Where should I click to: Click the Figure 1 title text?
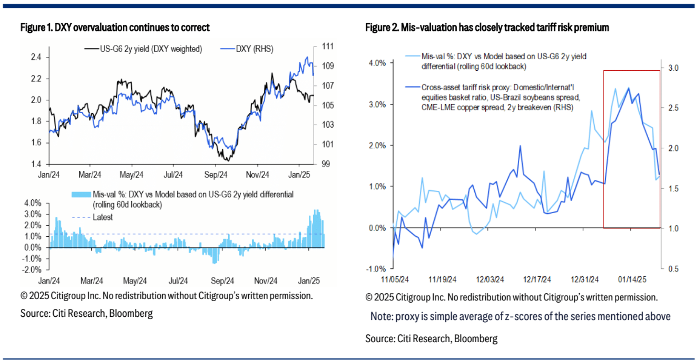pyautogui.click(x=115, y=28)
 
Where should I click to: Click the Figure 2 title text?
pyautogui.click(x=487, y=28)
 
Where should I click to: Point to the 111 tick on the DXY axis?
pyautogui.click(x=328, y=46)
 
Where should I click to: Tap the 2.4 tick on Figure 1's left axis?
pyautogui.click(x=36, y=57)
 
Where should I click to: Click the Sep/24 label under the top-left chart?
pyautogui.click(x=216, y=175)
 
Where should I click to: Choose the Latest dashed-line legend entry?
pyautogui.click(x=102, y=217)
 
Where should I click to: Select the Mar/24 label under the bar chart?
pyautogui.click(x=92, y=281)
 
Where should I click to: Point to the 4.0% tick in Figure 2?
pyautogui.click(x=377, y=63)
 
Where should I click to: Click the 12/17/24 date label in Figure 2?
pyautogui.click(x=537, y=279)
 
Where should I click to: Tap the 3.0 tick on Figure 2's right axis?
pyautogui.click(x=673, y=68)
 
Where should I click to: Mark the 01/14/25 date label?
pyautogui.click(x=632, y=279)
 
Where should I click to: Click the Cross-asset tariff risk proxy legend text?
pyautogui.click(x=500, y=97)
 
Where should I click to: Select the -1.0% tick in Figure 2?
pyautogui.click(x=376, y=269)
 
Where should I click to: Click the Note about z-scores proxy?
pyautogui.click(x=520, y=316)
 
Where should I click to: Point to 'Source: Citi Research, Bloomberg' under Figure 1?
pyautogui.click(x=86, y=313)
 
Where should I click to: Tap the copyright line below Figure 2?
pyautogui.click(x=511, y=297)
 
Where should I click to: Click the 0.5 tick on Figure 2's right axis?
pyautogui.click(x=673, y=269)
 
